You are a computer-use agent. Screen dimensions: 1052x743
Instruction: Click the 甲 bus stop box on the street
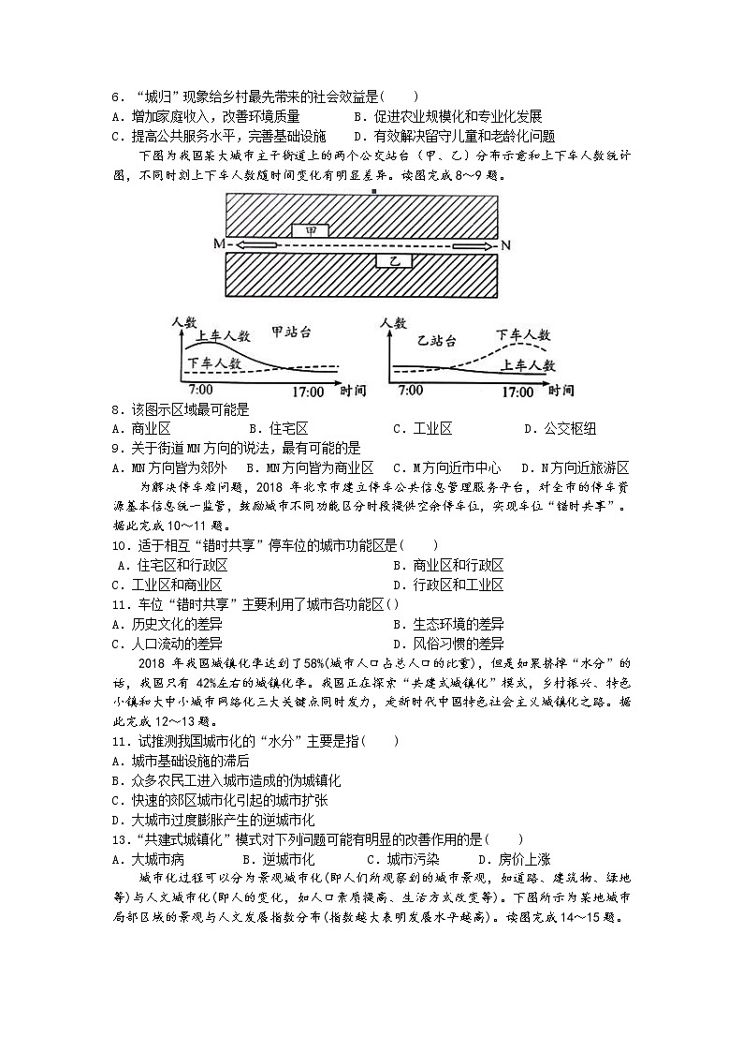309,230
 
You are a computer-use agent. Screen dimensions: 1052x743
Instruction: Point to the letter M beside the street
220,244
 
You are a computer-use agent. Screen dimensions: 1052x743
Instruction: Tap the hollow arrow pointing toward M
255,244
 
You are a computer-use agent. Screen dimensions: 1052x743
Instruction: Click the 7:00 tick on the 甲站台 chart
199,390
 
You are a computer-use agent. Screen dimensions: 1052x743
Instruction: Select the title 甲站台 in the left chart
290,332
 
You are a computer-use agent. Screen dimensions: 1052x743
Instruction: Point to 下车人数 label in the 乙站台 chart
522,334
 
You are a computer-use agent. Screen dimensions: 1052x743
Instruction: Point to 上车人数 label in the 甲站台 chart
223,336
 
